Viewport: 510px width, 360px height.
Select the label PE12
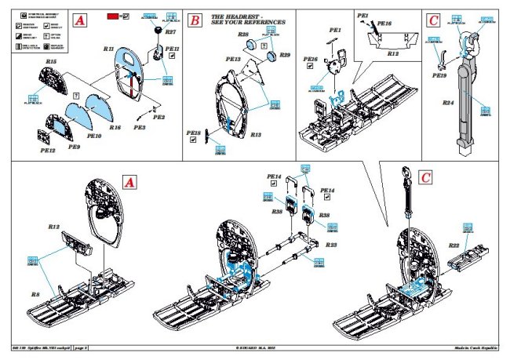pos(48,149)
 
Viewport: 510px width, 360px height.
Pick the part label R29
pos(285,56)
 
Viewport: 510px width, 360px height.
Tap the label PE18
pos(194,133)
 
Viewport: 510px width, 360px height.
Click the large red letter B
pos(194,20)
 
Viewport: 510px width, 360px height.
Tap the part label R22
pos(454,246)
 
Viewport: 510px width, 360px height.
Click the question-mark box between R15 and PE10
pos(75,94)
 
